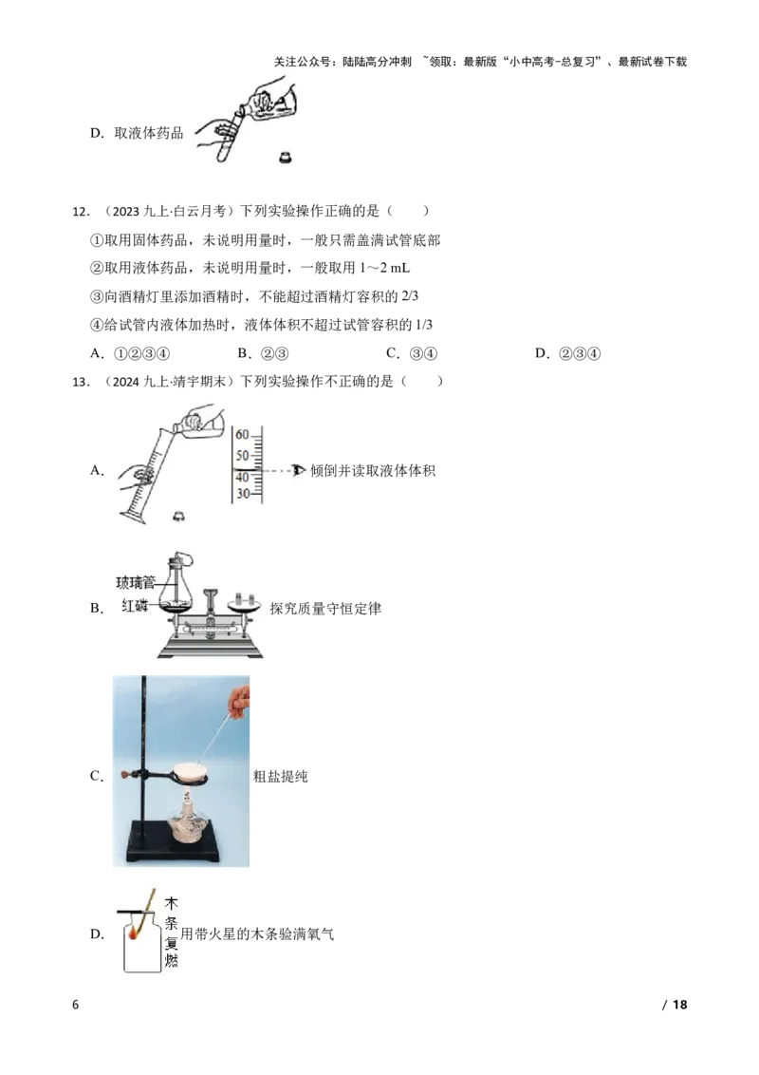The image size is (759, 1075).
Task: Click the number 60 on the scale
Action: click(242, 434)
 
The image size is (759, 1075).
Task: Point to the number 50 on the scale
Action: click(242, 456)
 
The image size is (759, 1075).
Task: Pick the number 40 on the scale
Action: click(242, 477)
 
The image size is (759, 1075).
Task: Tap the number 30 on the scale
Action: click(242, 495)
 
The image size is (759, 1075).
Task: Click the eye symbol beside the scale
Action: click(300, 470)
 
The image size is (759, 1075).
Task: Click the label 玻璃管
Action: click(135, 582)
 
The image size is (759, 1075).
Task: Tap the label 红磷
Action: click(135, 606)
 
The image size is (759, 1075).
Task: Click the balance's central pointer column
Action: click(212, 608)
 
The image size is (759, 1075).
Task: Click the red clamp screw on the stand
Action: click(123, 776)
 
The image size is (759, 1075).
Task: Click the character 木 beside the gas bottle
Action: click(171, 903)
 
